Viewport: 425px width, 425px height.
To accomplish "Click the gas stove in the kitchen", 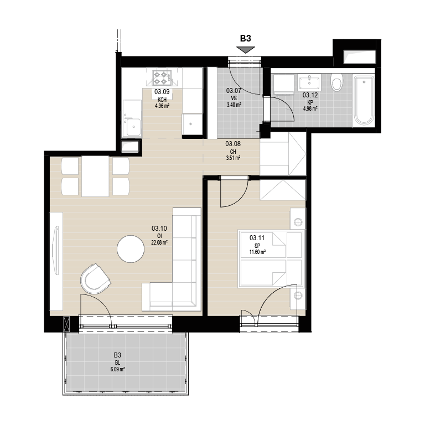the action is click(x=162, y=78).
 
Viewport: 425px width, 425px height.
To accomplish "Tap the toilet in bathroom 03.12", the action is click(x=337, y=82).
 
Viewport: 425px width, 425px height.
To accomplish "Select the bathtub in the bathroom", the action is click(x=364, y=100).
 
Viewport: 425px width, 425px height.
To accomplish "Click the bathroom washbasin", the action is click(x=309, y=82).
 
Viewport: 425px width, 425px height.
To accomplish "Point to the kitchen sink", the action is click(x=132, y=125).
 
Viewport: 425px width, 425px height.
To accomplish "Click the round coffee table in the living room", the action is click(x=131, y=249).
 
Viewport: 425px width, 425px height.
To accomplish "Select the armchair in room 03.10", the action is click(x=95, y=279).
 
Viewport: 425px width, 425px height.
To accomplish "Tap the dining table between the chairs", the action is click(x=95, y=176).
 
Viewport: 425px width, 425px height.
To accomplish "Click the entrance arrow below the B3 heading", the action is click(x=246, y=50).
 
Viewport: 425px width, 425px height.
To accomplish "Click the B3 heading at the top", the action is click(x=246, y=39).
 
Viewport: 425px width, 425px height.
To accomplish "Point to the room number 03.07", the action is click(x=234, y=91).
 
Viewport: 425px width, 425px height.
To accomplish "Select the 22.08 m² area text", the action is click(x=159, y=242).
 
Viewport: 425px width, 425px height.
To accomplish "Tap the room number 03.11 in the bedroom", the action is click(x=257, y=238).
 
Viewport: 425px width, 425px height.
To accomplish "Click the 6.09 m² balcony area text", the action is click(x=117, y=369).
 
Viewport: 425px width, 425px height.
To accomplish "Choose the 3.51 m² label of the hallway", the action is click(x=233, y=158).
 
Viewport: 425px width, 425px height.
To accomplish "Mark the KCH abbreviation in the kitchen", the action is click(x=162, y=100).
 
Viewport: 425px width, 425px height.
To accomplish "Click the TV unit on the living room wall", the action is click(x=56, y=261).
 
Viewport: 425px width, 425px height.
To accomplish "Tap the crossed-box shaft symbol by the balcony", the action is click(x=66, y=324).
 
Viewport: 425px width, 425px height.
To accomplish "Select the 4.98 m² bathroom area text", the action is click(x=310, y=108).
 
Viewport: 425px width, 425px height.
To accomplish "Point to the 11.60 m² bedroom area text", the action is click(x=257, y=252).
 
